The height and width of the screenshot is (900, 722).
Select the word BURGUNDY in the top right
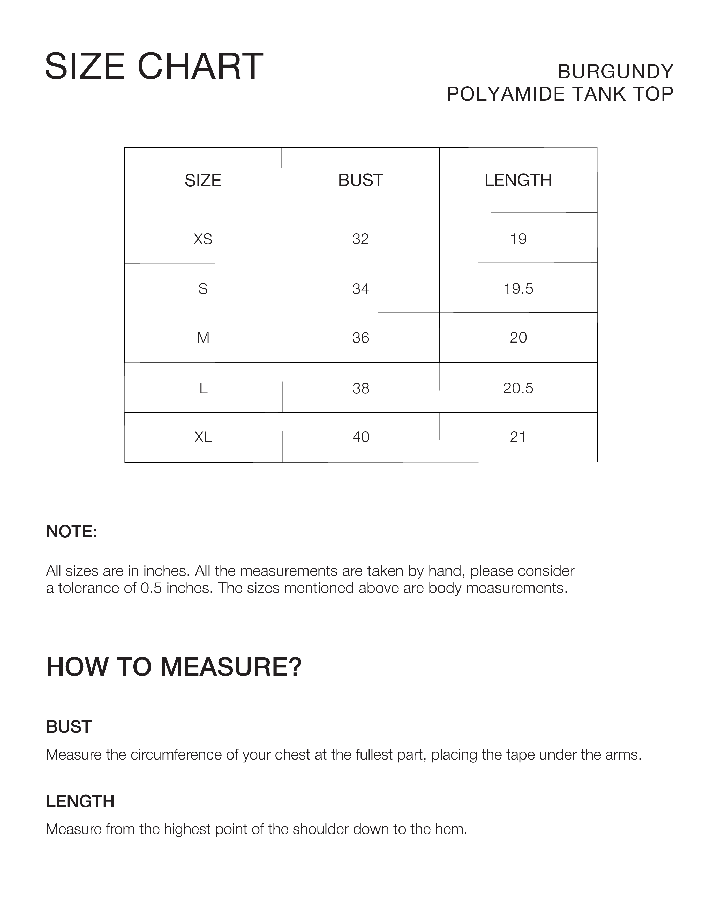615,71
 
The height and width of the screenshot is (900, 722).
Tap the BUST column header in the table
360,180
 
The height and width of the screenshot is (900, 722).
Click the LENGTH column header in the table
518,180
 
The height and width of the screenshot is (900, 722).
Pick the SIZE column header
203,180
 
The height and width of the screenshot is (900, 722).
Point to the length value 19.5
518,288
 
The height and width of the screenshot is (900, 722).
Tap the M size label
203,338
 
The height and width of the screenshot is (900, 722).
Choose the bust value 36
360,338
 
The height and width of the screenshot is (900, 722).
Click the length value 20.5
518,388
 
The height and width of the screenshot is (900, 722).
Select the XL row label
203,437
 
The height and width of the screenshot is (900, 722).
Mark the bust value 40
360,437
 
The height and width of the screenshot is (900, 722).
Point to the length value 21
518,437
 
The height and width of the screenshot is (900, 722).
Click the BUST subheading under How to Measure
69,727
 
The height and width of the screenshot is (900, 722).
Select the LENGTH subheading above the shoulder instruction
80,801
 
